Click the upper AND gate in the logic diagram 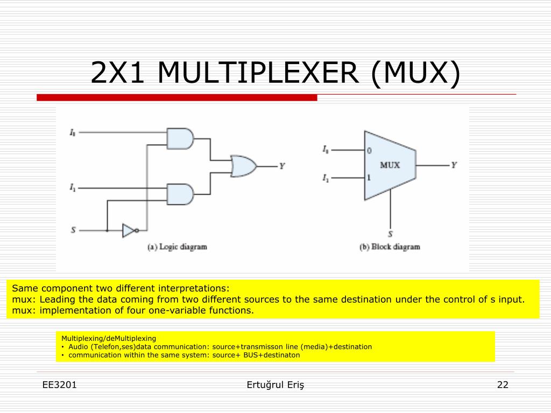point(180,139)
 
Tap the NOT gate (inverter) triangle point(129,230)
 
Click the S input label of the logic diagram point(73,230)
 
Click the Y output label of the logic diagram point(281,166)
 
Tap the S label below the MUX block point(390,234)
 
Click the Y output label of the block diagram point(454,165)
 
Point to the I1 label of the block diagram point(326,178)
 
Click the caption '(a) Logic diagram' point(177,247)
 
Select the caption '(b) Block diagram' point(390,247)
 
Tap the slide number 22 point(503,384)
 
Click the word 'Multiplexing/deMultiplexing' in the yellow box point(109,338)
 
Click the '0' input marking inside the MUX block point(369,151)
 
